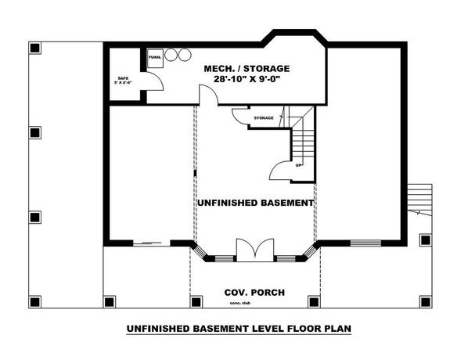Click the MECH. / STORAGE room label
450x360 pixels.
(247, 68)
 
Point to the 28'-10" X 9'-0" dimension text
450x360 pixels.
(247, 80)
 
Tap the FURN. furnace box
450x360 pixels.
(154, 57)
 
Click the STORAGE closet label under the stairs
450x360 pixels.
(263, 118)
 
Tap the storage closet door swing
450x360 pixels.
(239, 116)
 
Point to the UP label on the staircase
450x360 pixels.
(298, 165)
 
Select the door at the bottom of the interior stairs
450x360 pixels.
(279, 171)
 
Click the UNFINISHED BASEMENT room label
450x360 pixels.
(255, 203)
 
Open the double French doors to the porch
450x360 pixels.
(254, 250)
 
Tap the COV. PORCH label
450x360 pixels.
(254, 293)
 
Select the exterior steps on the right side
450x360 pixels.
(420, 200)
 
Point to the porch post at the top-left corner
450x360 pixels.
(34, 49)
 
